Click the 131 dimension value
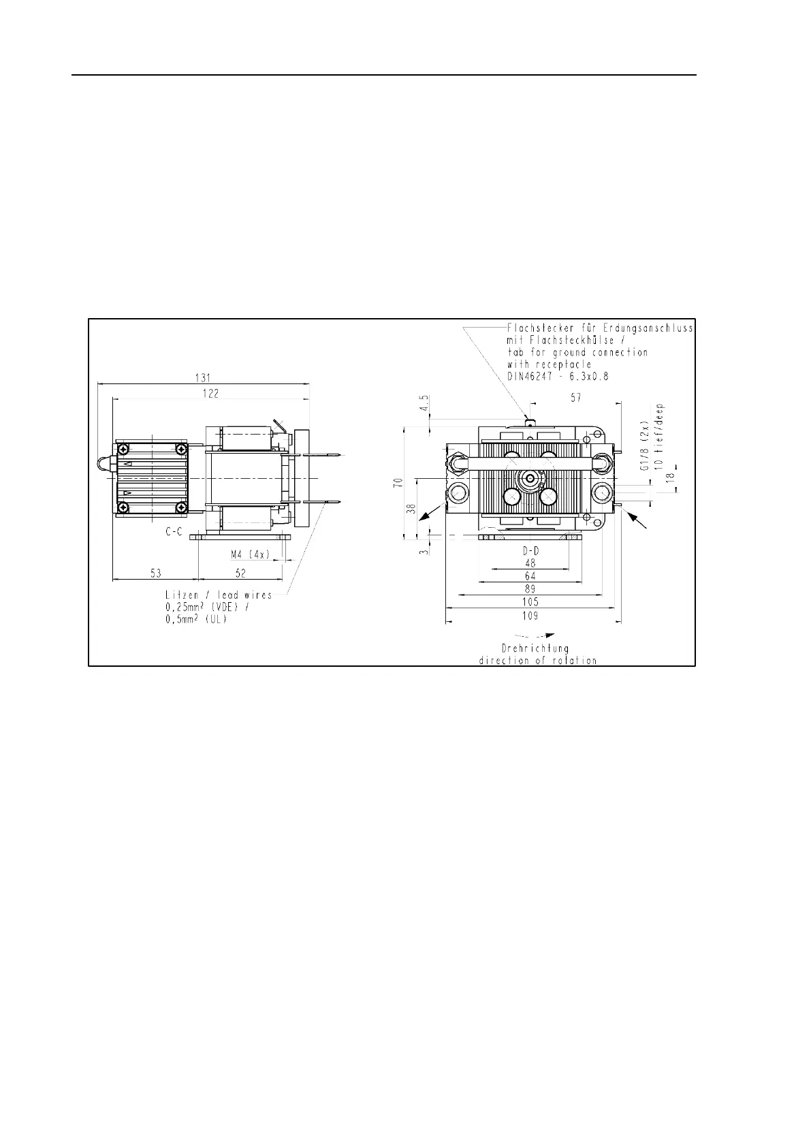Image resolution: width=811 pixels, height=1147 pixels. pyautogui.click(x=204, y=378)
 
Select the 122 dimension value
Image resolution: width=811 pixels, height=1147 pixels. pyautogui.click(x=210, y=393)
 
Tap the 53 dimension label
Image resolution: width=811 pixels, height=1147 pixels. pyautogui.click(x=156, y=573)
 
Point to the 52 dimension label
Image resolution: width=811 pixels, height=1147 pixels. pyautogui.click(x=240, y=573)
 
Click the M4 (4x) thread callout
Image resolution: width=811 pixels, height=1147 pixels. pyautogui.click(x=251, y=554)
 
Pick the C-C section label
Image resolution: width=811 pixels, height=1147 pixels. pyautogui.click(x=174, y=532)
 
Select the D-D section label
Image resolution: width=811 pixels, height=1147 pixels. pyautogui.click(x=530, y=551)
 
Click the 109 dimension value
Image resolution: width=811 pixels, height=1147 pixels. pyautogui.click(x=530, y=616)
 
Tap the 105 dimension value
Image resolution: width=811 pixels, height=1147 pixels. pyautogui.click(x=530, y=602)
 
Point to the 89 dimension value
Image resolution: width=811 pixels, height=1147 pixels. pyautogui.click(x=530, y=589)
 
